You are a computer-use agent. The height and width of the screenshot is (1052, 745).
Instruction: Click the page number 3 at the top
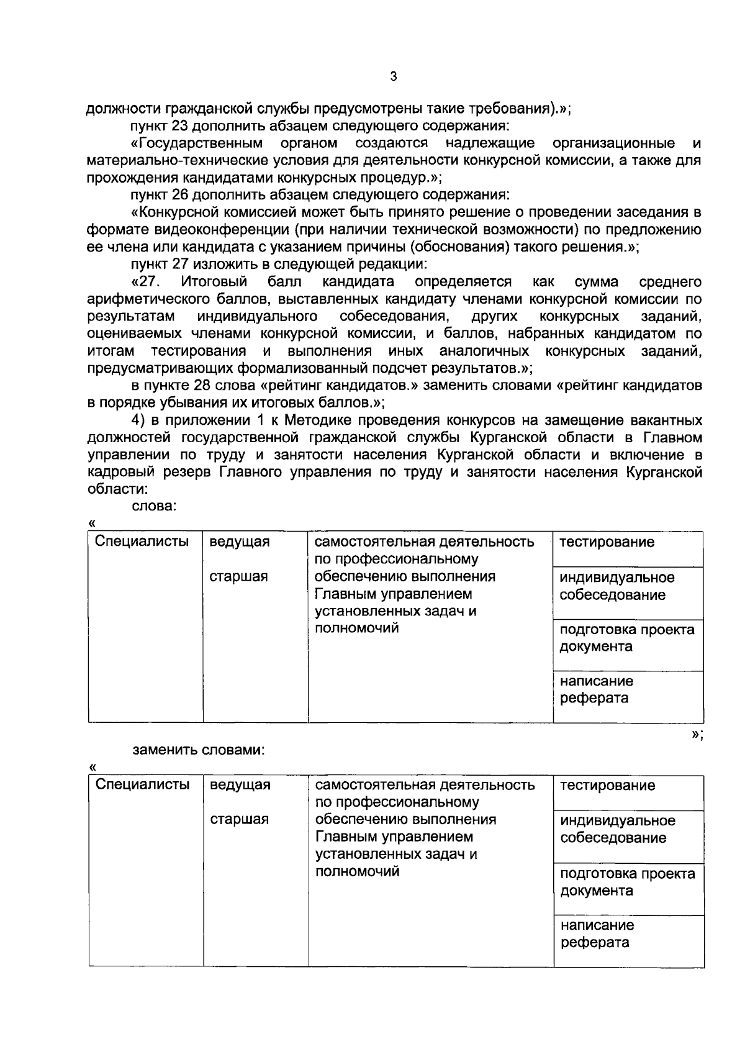coord(392,77)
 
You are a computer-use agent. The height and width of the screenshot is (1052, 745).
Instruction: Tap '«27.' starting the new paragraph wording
coord(147,282)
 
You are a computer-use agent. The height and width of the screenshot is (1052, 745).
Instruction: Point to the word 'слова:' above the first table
coord(155,506)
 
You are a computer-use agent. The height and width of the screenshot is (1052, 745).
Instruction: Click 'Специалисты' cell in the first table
coord(142,542)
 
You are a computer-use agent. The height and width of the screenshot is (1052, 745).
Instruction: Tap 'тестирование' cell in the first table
coord(607,542)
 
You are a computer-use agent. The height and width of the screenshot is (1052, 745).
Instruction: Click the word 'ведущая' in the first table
coord(240,542)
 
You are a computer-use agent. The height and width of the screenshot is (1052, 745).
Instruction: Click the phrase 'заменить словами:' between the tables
coord(199,750)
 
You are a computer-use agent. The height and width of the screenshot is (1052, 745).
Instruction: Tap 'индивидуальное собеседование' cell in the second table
coord(617,830)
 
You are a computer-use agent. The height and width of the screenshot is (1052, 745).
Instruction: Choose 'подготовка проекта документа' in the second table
coord(627,882)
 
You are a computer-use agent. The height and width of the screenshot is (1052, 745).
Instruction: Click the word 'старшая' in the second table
coord(239,820)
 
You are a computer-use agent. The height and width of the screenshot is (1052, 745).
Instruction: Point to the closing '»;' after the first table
coord(697,735)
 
